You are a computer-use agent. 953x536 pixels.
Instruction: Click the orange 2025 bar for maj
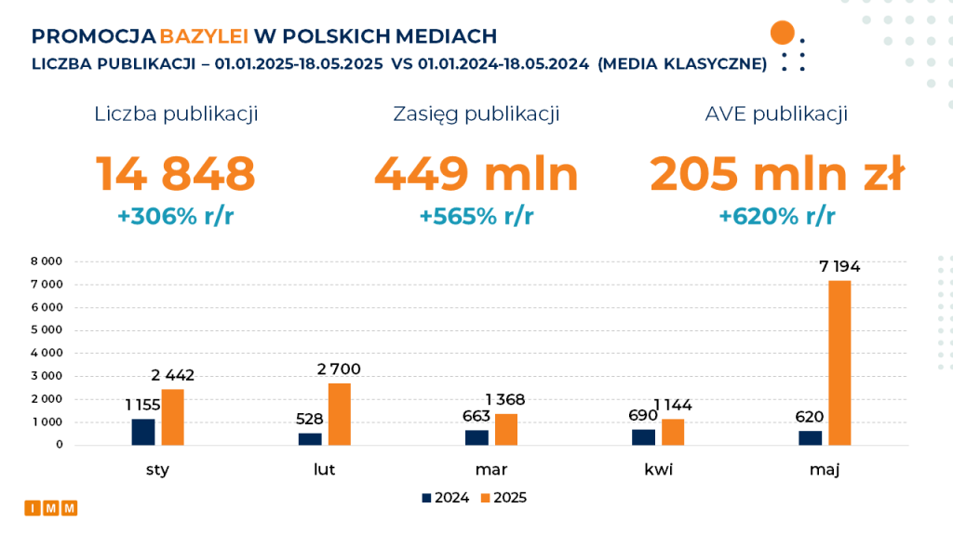(839, 363)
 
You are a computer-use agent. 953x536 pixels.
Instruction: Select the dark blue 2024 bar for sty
(143, 432)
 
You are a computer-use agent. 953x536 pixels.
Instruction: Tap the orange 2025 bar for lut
(340, 414)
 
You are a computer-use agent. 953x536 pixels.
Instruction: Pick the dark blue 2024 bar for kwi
(644, 436)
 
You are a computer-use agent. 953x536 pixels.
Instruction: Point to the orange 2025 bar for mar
(506, 429)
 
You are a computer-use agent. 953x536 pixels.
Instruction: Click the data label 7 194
(839, 267)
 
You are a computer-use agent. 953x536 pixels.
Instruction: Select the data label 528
(311, 418)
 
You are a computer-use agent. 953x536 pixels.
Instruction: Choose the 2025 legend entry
(503, 498)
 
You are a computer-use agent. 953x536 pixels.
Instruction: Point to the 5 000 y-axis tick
(47, 329)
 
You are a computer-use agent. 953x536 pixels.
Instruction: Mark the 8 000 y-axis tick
(47, 261)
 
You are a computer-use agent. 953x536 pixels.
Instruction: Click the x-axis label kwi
(658, 470)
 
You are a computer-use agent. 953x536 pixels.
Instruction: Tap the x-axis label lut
(324, 470)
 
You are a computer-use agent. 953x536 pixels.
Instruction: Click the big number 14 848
(176, 174)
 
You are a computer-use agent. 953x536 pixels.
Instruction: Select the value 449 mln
(476, 174)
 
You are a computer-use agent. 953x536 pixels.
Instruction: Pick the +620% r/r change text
(777, 217)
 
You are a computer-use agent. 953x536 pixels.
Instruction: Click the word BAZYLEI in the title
(204, 36)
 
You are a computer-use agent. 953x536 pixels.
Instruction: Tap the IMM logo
(51, 508)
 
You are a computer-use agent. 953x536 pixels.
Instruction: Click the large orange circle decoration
(783, 33)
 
